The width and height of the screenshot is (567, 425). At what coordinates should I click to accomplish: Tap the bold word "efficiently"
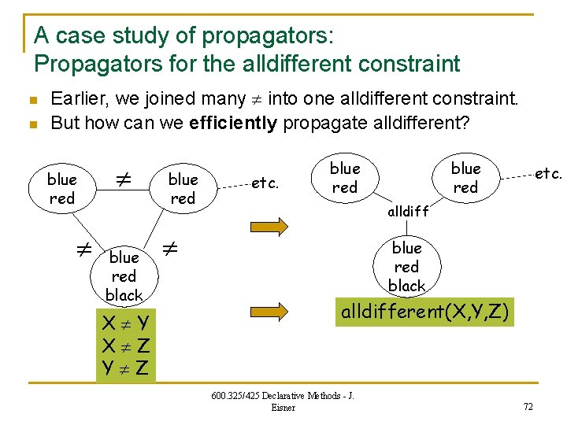(x=234, y=124)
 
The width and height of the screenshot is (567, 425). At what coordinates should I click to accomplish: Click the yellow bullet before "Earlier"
(x=31, y=100)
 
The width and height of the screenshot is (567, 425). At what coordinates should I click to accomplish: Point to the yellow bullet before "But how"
(x=31, y=124)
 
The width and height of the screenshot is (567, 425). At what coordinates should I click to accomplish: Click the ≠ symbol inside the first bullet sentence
(x=257, y=99)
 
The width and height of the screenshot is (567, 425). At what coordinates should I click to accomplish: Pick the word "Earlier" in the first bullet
(x=78, y=98)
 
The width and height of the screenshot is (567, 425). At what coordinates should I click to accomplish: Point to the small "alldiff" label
(x=407, y=212)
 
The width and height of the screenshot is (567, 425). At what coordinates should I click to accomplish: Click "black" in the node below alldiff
(x=406, y=286)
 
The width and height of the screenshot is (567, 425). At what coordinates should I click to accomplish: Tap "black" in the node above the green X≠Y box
(x=124, y=295)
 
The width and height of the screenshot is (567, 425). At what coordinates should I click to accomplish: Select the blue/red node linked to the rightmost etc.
(x=465, y=178)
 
